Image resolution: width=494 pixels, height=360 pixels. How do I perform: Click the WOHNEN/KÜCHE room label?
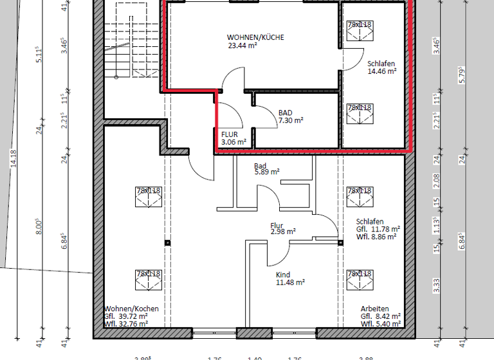point(255,37)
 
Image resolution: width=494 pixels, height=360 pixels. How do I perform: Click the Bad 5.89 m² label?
point(266,168)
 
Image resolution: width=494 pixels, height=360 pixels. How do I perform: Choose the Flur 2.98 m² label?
point(282,228)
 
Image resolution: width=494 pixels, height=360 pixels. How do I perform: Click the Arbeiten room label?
point(374,309)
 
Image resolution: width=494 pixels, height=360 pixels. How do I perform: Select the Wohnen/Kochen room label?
point(131,309)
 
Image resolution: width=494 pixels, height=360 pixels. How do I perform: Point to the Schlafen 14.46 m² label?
point(381,67)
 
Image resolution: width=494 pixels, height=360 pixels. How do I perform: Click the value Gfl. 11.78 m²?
point(378,229)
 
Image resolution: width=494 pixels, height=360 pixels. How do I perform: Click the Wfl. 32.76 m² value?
point(126,324)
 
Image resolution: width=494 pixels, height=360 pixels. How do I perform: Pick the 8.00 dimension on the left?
point(39,226)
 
